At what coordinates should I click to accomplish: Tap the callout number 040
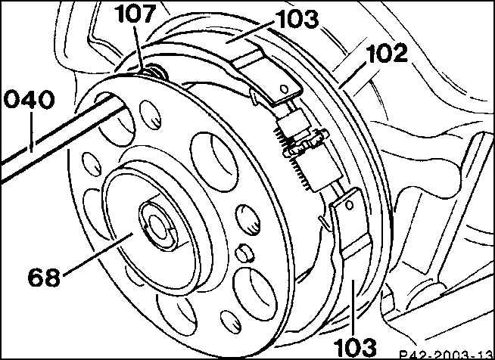[x=29, y=99]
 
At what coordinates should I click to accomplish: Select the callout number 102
[x=388, y=54]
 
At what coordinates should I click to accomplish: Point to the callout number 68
[x=44, y=278]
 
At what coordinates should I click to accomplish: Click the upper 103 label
[x=297, y=20]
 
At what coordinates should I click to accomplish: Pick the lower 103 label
[x=356, y=348]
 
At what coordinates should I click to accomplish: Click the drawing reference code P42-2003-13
[x=446, y=355]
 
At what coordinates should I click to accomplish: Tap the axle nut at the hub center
[x=157, y=225]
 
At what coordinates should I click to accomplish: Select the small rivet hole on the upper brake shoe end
[x=285, y=89]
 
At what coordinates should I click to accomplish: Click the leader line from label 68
[x=98, y=254]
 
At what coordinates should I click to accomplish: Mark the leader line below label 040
[x=31, y=131]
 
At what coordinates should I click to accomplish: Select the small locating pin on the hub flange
[x=245, y=253]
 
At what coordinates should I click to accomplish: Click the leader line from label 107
[x=139, y=49]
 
